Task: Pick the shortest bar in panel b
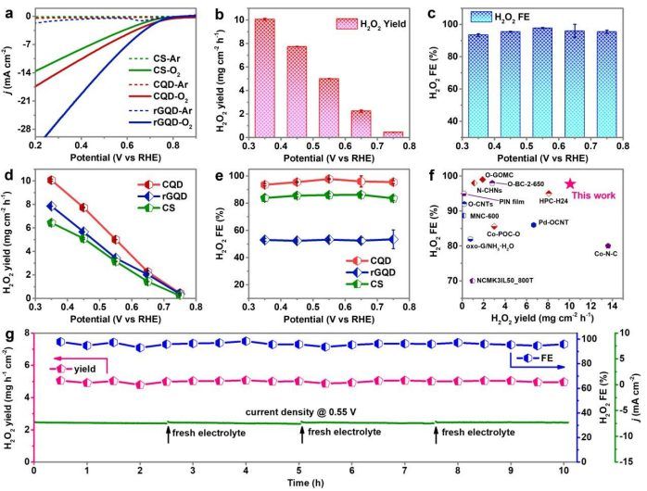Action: (394, 133)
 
